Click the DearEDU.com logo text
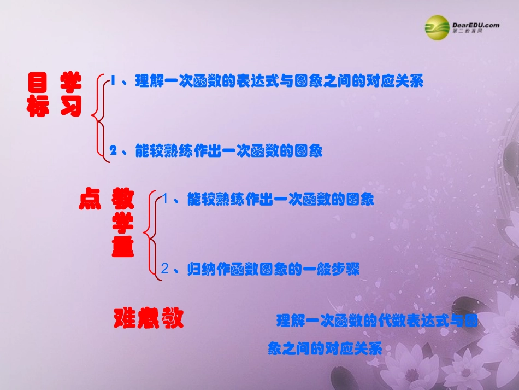(x=475, y=25)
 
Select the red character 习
(x=71, y=108)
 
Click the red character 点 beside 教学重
(x=90, y=200)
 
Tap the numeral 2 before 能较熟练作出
(x=114, y=151)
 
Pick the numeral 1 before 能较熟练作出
(x=166, y=200)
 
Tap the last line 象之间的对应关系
(x=325, y=348)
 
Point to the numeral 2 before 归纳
(x=166, y=269)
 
